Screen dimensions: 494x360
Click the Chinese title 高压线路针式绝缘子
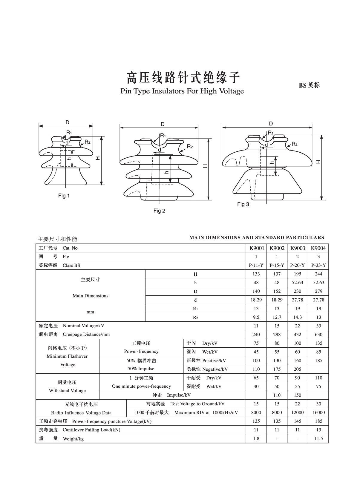[183, 77]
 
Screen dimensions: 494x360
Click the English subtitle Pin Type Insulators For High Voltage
[182, 91]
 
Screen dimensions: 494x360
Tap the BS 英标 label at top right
[309, 85]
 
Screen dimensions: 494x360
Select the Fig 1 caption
[64, 196]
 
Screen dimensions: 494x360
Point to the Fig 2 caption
[159, 211]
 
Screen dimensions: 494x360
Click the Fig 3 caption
[243, 204]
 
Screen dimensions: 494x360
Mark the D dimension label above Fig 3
[271, 124]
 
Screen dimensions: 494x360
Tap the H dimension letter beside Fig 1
[98, 158]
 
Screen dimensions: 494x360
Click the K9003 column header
[298, 248]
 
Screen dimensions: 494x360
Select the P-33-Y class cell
[318, 265]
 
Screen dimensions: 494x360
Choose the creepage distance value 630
[318, 335]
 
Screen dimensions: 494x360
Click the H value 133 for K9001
[256, 274]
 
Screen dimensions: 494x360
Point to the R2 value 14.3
[298, 317]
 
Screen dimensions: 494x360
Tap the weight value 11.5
[318, 438]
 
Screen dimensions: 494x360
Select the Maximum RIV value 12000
[298, 412]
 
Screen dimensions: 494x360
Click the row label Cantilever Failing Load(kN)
[91, 430]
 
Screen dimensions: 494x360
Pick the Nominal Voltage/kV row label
[83, 326]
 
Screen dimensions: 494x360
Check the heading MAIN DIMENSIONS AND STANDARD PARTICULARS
[257, 238]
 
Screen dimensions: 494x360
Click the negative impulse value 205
[298, 369]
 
